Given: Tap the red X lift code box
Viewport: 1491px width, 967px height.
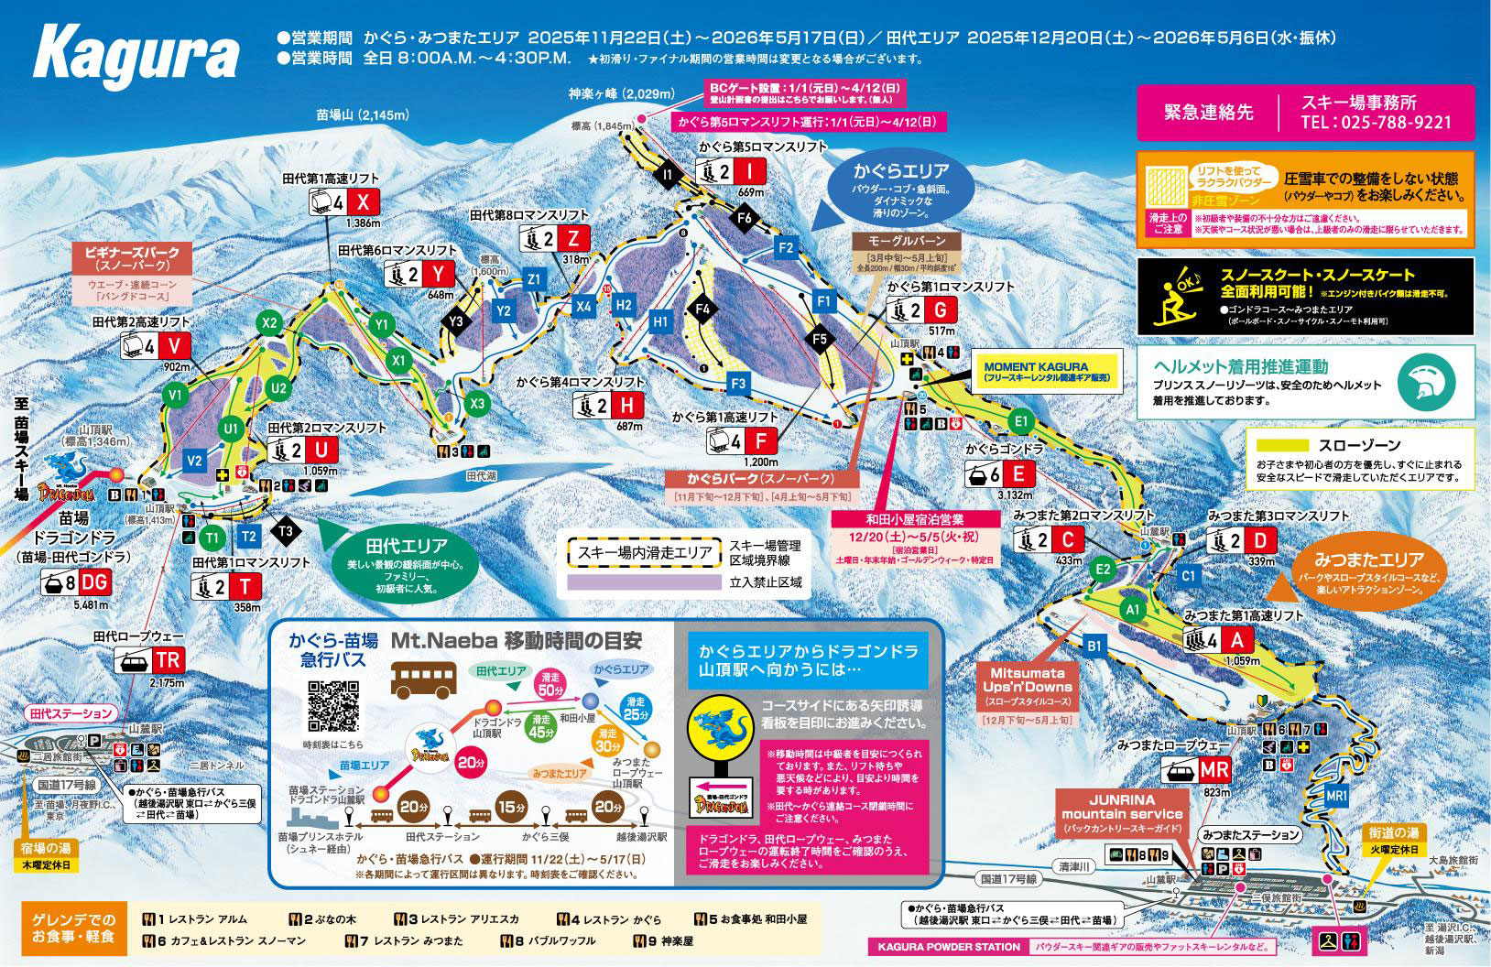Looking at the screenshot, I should (364, 202).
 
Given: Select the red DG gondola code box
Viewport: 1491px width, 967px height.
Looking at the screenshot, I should (94, 582).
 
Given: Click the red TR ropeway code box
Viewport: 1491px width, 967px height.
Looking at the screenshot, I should (168, 660).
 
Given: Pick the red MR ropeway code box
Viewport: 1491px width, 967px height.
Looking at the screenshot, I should (1213, 769).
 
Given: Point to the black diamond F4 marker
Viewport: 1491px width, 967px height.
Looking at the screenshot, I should (702, 310).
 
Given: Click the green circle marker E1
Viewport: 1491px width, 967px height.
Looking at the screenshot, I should (1022, 421).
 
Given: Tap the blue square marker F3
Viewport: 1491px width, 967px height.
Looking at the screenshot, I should (738, 383).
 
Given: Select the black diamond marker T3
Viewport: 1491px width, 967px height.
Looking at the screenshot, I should (285, 529).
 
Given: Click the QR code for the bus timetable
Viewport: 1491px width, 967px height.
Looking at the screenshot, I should (332, 706).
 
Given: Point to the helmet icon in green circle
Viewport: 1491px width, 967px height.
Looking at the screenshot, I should (1428, 380).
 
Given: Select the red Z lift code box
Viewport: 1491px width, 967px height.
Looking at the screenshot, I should (573, 239).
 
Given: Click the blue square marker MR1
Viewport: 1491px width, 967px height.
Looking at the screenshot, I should (1336, 797).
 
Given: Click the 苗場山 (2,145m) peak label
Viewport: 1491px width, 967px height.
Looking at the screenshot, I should (362, 115).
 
